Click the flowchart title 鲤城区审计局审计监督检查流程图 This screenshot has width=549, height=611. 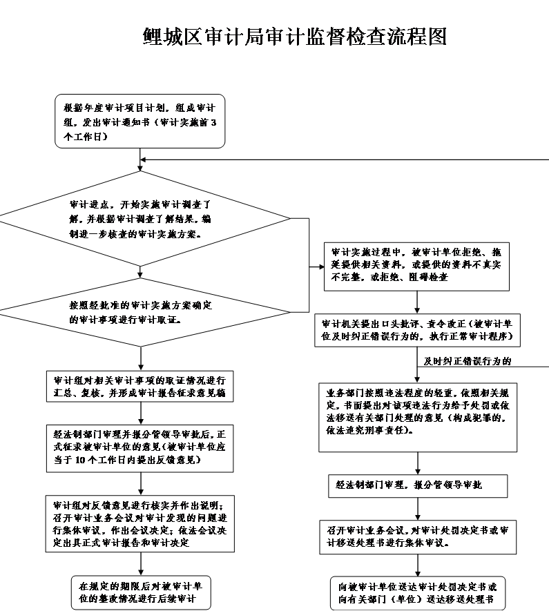point(294,36)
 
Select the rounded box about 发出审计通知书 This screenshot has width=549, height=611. point(140,122)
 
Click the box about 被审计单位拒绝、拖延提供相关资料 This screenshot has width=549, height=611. point(417,266)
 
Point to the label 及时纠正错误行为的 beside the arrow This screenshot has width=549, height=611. point(467,361)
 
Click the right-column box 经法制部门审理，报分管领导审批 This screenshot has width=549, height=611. point(417,485)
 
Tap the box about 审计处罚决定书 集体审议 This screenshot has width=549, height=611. point(417,537)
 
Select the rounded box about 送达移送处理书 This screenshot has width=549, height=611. point(417,592)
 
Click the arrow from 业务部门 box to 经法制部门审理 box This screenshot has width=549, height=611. point(417,463)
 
